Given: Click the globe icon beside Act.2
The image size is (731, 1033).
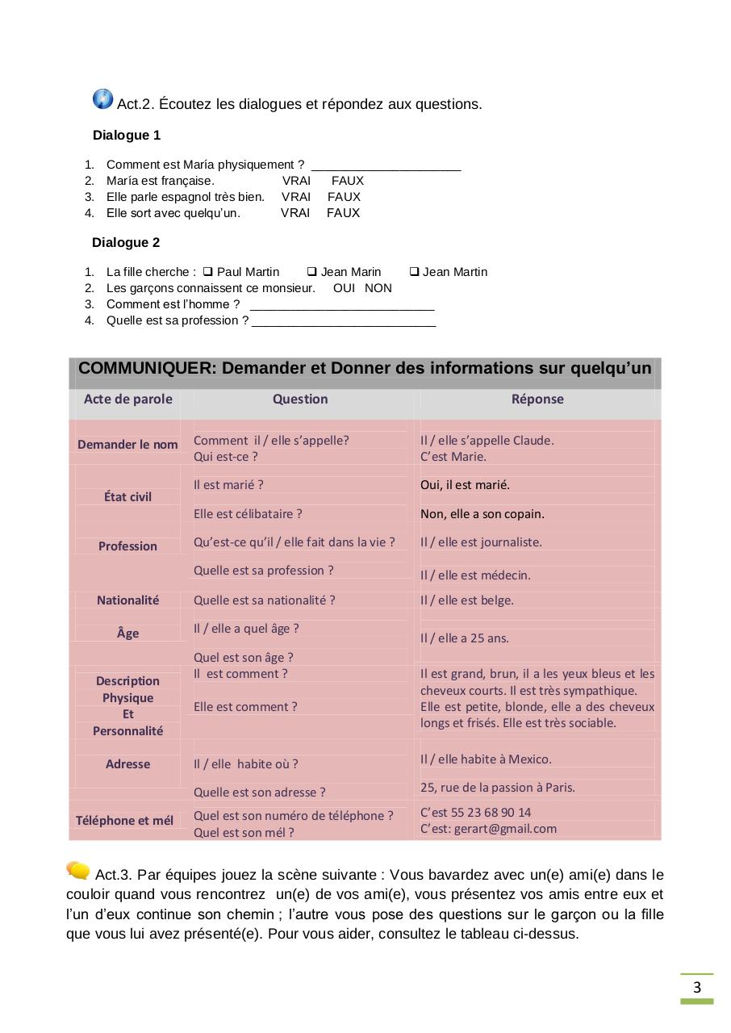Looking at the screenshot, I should coord(103,99).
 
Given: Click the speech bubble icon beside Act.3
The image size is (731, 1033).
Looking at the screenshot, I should coord(78,870).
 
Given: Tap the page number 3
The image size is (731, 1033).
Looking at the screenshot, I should coord(697,987).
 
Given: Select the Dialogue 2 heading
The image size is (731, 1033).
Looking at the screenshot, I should coord(126,242).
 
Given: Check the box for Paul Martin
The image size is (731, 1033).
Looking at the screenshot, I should coord(207,272).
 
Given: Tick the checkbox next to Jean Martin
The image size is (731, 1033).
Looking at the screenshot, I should coord(414,272).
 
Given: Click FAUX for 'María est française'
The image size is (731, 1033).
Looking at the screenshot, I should coord(348,181).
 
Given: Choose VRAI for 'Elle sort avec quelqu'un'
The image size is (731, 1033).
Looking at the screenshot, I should coord(295,213).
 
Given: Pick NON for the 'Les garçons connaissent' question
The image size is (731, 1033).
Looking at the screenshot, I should coord(378,288).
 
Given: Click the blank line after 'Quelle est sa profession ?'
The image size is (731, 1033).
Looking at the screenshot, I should coord(344,322).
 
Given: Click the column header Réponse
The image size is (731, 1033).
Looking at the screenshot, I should coord(537,399).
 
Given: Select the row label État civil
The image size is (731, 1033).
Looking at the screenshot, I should coord(127,496).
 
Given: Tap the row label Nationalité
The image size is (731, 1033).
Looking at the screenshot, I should coord(127,600).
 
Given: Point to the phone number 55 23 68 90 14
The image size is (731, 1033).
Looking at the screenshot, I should coord(493,812).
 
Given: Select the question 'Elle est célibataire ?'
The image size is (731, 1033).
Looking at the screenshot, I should coord(248,513).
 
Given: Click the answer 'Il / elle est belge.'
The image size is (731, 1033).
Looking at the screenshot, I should coord(466,600).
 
